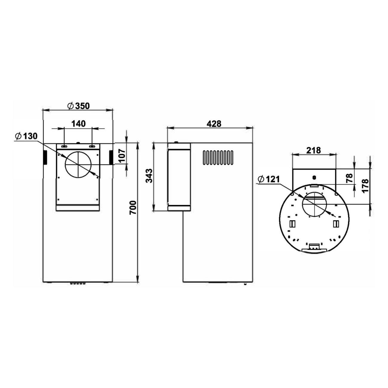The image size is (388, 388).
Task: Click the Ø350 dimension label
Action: coord(78,106)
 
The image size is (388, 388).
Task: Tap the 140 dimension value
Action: coord(78,124)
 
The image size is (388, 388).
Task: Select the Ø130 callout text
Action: coord(26,136)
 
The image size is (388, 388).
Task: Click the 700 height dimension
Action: coord(133,208)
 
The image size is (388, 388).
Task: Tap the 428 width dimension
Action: coord(214,124)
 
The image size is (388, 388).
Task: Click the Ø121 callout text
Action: coord(269,179)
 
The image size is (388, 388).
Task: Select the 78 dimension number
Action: coord(350,178)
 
